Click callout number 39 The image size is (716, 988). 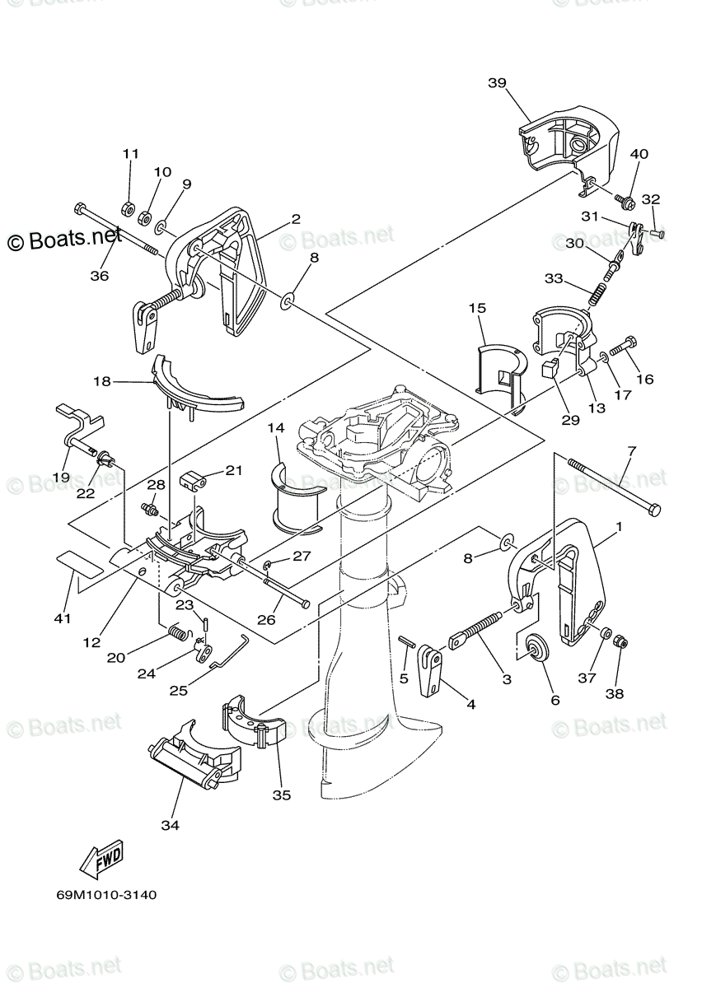496,82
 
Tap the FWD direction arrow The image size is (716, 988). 102,861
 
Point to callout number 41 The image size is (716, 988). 63,617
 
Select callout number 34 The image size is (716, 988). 170,823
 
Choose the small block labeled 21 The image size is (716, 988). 192,478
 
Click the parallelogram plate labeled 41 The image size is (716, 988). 80,564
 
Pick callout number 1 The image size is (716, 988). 618,525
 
